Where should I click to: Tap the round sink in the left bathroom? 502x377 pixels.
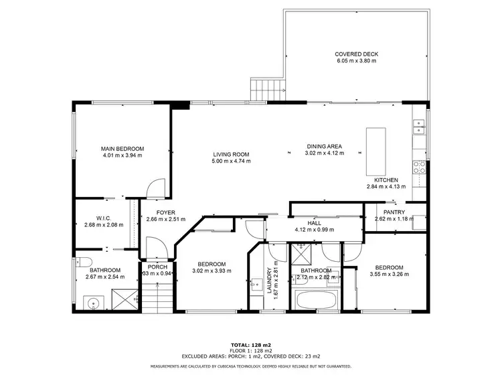coord(92,303)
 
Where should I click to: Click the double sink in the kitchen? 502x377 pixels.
coord(418,127)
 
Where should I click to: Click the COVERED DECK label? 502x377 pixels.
coord(357,54)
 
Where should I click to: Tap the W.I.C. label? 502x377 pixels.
coord(103,217)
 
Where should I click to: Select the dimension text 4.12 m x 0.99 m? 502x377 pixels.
coord(314,230)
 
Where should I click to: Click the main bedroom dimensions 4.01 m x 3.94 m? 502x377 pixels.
coord(122,155)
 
